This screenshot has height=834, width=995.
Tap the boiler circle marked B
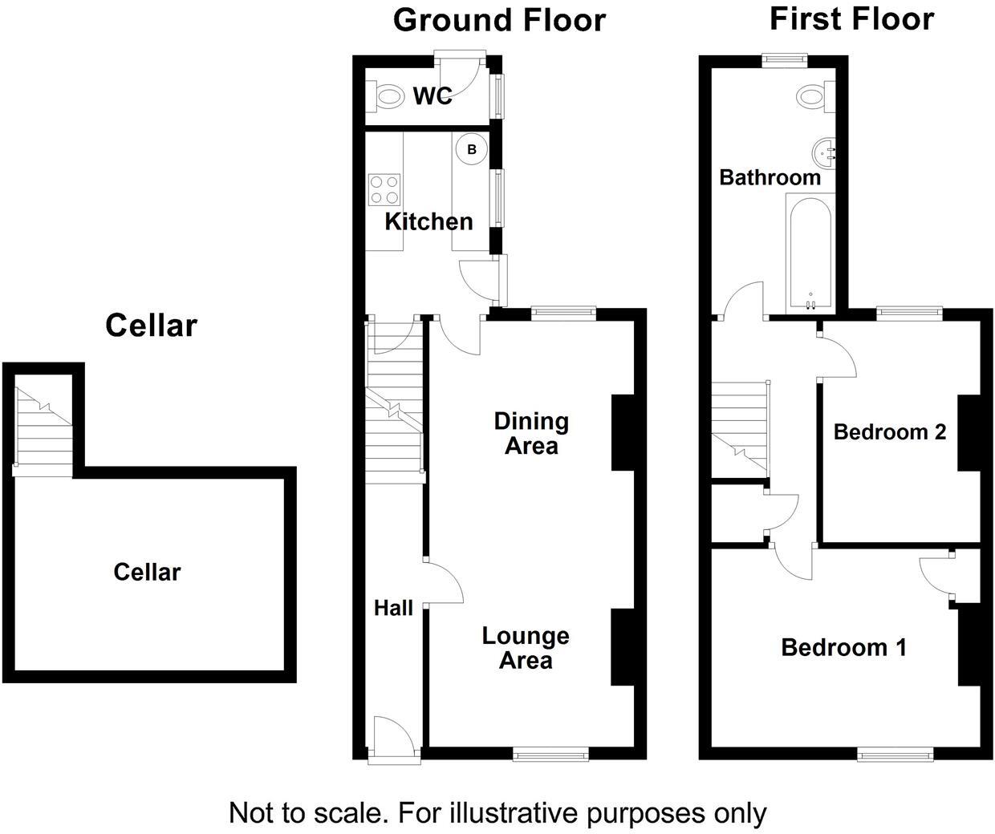(472, 150)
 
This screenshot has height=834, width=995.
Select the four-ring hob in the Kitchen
(384, 189)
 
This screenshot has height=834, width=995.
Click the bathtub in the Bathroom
(810, 254)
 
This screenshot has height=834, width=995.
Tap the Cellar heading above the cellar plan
(151, 326)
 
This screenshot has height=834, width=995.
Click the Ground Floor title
(499, 20)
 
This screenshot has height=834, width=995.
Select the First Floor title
(851, 18)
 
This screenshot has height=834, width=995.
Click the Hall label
(393, 609)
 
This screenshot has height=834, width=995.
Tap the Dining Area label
(531, 433)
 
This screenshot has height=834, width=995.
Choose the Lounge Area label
(526, 648)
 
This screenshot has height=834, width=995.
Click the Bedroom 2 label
(889, 432)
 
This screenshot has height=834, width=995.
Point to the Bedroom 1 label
(843, 647)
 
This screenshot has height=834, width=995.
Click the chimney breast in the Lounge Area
(622, 647)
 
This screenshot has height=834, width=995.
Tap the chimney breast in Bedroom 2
(969, 433)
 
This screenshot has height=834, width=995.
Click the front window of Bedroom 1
(895, 753)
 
